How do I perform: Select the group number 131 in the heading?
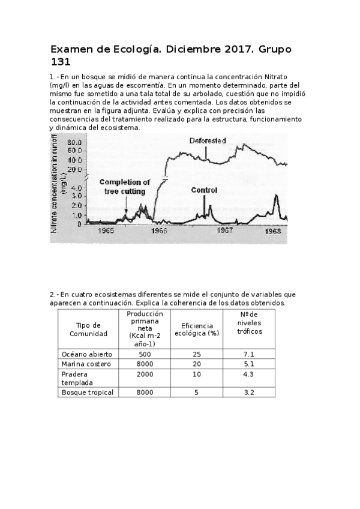(61, 61)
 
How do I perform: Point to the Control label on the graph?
(204, 190)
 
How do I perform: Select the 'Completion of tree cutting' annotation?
(125, 187)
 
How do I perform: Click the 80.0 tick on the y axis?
(75, 142)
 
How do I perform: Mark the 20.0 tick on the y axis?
(75, 169)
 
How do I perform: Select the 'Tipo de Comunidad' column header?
(88, 329)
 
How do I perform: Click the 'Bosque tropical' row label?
(88, 392)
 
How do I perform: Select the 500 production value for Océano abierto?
(145, 354)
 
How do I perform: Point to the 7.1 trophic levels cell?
(249, 354)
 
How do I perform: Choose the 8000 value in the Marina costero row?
(145, 364)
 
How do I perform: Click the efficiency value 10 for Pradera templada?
(195, 374)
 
